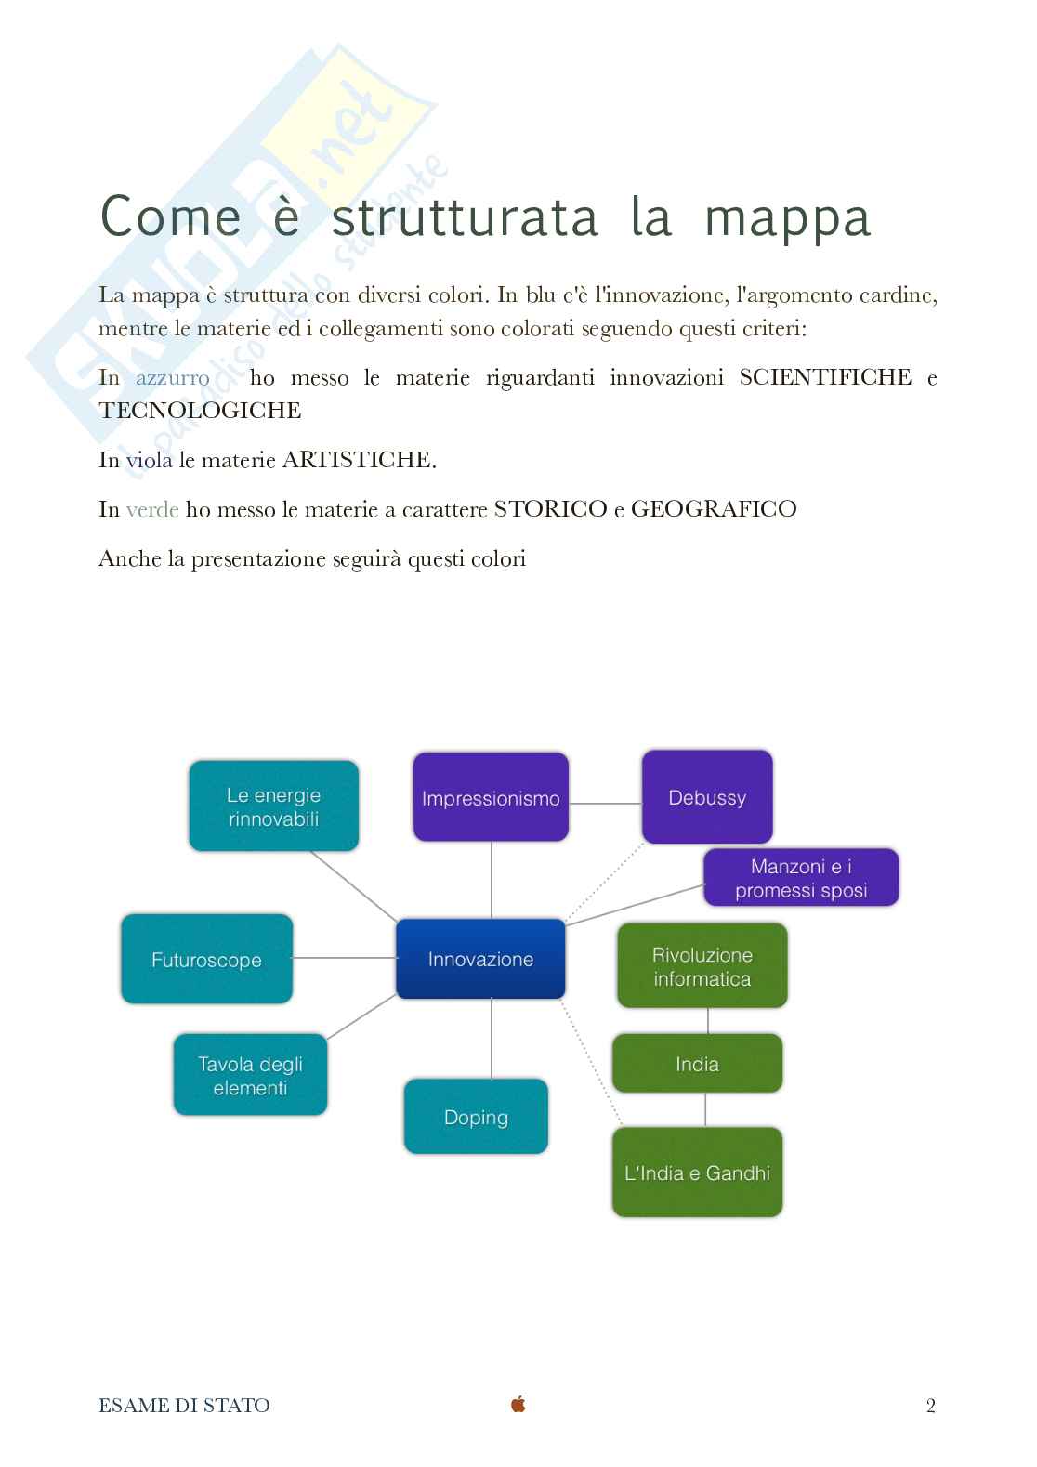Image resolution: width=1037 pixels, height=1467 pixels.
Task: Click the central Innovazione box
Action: click(480, 959)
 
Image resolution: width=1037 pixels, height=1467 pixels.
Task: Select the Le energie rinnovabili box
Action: click(273, 806)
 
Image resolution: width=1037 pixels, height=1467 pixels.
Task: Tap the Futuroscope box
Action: click(206, 959)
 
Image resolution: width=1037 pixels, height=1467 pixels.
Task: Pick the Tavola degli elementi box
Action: click(250, 1075)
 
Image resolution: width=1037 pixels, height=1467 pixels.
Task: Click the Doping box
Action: click(476, 1117)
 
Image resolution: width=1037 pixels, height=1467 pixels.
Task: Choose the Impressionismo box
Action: click(491, 798)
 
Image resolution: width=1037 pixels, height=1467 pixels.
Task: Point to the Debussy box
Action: click(707, 797)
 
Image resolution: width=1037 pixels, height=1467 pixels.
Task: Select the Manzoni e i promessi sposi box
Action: click(801, 878)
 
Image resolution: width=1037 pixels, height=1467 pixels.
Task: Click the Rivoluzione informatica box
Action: click(702, 966)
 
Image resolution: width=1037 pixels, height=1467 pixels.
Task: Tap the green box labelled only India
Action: click(697, 1064)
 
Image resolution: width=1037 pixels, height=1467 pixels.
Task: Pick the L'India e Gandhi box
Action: click(697, 1172)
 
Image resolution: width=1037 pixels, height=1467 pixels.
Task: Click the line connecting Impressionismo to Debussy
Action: click(605, 803)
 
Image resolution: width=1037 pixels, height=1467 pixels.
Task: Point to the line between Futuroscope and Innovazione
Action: click(344, 957)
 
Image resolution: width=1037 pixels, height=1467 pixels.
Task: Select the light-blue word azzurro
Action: click(173, 377)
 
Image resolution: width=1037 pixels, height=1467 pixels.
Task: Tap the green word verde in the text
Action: click(152, 509)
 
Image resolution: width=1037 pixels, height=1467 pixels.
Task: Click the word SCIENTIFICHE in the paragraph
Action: click(825, 376)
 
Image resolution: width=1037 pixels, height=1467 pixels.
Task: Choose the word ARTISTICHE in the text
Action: click(359, 460)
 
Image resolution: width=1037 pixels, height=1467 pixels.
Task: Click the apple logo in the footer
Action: click(518, 1404)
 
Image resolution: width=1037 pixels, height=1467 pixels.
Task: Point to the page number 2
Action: click(930, 1406)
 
